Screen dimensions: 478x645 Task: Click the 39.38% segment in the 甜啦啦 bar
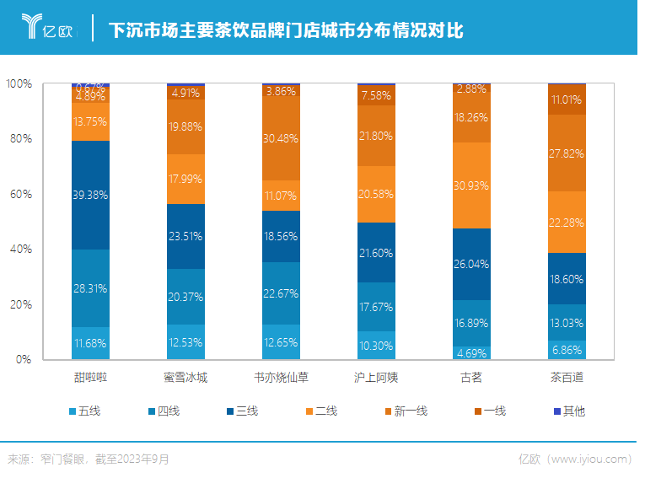(90, 195)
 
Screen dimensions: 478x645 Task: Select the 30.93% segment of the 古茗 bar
(472, 185)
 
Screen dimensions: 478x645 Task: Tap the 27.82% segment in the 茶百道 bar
(567, 153)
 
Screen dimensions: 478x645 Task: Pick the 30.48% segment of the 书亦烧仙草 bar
(282, 138)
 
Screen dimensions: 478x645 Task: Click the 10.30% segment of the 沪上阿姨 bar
(377, 345)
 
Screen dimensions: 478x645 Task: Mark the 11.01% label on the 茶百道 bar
(567, 99)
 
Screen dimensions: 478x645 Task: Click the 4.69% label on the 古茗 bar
(472, 353)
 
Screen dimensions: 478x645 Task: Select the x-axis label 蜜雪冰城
(185, 377)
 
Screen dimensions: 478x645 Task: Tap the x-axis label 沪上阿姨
(377, 377)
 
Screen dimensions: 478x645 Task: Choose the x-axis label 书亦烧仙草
(282, 377)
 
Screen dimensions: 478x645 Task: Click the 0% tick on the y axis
(24, 359)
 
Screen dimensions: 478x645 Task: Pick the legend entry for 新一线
(405, 411)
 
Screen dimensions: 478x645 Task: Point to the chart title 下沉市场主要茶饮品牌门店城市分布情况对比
(286, 30)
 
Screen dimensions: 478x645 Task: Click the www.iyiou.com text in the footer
(589, 459)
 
